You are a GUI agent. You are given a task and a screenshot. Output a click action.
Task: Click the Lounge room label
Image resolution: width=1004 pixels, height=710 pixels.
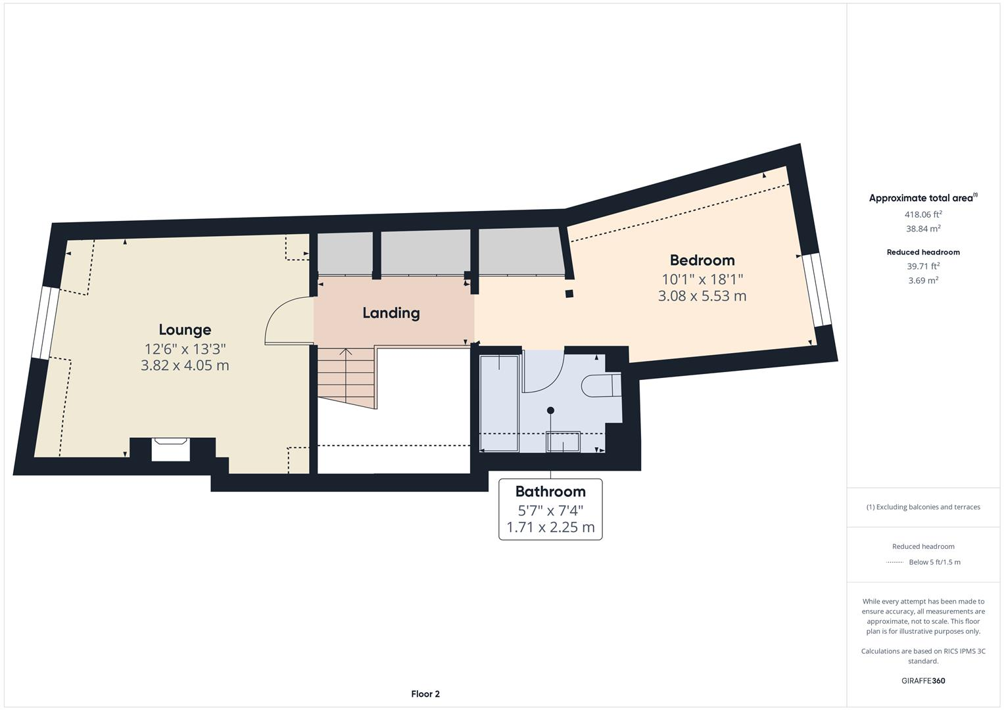(185, 329)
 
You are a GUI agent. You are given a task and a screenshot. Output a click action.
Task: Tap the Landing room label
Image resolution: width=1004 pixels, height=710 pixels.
(391, 313)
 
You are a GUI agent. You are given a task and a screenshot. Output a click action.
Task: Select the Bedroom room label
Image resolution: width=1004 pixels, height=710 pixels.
(702, 260)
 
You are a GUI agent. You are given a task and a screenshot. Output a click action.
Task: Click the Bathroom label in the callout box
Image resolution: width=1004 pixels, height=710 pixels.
(550, 491)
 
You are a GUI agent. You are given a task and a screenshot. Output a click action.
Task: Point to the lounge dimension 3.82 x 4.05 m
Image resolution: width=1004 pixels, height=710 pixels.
(185, 366)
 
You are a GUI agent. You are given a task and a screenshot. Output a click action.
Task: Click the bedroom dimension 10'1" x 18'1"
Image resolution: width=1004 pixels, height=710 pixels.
(702, 279)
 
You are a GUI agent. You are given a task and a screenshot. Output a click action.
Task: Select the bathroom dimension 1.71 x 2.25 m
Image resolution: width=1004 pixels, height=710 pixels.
(550, 527)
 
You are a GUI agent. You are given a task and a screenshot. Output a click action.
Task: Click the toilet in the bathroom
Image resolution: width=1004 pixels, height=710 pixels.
(600, 386)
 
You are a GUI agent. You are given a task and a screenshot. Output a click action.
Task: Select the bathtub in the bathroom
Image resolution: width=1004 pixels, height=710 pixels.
(499, 402)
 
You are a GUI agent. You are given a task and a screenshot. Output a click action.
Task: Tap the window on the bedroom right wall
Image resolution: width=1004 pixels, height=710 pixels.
(816, 290)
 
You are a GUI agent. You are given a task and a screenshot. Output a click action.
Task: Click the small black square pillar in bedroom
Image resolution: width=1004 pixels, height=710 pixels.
(569, 294)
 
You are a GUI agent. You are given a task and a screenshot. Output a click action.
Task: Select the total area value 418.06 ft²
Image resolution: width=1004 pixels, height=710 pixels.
(923, 214)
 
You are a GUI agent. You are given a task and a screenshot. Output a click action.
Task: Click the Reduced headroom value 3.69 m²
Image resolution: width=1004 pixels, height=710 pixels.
(923, 281)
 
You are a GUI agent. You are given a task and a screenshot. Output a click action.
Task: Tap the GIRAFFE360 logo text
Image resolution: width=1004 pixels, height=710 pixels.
(923, 680)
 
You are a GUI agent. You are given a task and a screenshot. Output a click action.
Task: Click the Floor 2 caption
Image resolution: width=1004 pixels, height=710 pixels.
(425, 694)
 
